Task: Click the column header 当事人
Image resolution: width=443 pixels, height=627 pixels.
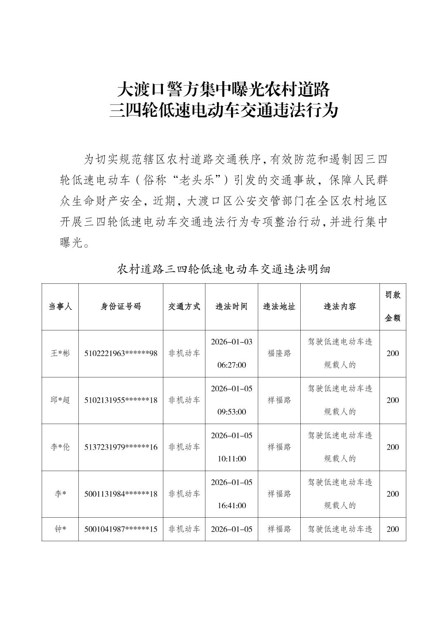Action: coord(60,306)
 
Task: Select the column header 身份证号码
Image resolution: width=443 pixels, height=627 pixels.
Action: coord(121,306)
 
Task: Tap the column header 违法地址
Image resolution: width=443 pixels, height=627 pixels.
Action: coord(279,306)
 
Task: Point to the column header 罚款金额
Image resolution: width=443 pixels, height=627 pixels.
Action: coord(393,306)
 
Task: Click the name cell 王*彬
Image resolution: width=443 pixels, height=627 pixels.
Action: coord(60,354)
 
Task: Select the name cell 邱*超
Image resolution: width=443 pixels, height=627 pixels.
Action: coord(60,400)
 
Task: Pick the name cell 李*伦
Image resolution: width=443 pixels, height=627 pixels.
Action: coord(60,447)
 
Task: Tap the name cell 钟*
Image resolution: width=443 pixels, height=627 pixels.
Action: coord(60,529)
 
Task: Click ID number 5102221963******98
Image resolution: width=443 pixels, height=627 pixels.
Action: coord(121,354)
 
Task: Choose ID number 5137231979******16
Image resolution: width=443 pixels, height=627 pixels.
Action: coord(121,447)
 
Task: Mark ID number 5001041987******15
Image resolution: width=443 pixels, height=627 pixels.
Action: coord(121,529)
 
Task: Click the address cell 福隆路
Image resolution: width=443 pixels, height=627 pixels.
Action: coord(279,354)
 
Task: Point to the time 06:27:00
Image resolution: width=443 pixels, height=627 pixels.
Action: coord(231,365)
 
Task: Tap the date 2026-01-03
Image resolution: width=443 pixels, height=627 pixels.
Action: coord(231,342)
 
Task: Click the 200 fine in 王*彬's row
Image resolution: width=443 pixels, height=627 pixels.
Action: coord(393,354)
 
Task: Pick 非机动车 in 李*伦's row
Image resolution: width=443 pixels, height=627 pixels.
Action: coord(184,447)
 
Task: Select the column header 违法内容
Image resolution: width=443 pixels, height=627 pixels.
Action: coord(340,306)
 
